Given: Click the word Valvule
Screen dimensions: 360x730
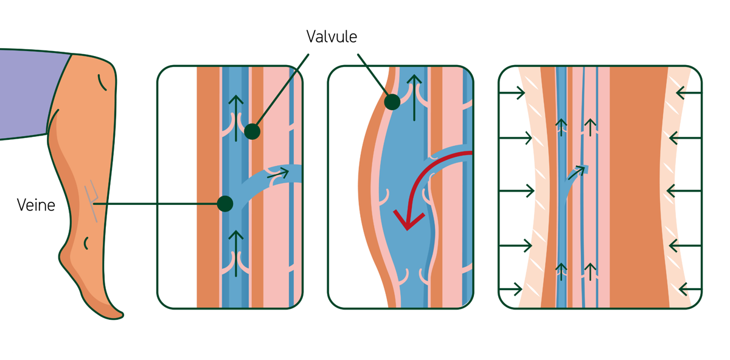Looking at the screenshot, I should (x=332, y=36).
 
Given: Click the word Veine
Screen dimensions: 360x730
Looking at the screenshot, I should (x=36, y=205).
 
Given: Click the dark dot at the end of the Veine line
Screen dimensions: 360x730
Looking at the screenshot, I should (x=225, y=203).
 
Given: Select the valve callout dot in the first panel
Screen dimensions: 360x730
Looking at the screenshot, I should (x=252, y=131).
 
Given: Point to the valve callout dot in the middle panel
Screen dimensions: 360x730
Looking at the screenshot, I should (x=392, y=102).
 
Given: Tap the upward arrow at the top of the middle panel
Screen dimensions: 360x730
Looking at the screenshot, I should (x=414, y=94).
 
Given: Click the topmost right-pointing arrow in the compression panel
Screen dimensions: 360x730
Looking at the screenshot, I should (x=512, y=93).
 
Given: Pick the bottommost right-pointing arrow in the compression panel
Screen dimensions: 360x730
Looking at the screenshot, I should (x=511, y=288).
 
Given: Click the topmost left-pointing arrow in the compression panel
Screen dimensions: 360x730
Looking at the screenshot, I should (x=688, y=93).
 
